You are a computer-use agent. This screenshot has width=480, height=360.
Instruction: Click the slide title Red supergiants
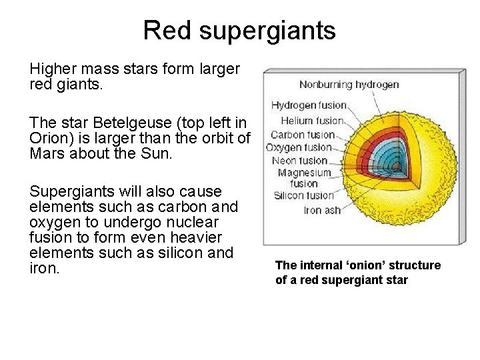[x=239, y=30]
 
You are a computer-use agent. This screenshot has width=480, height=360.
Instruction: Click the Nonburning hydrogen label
[x=349, y=85]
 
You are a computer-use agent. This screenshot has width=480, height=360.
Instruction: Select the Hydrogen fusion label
[x=309, y=105]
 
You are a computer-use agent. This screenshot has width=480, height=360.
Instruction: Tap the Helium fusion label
[x=312, y=121]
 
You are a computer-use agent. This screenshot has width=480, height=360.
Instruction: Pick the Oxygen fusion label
[x=299, y=147]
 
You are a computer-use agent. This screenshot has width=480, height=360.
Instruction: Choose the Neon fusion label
[x=300, y=161]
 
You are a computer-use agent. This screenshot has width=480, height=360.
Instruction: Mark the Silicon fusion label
[x=303, y=195]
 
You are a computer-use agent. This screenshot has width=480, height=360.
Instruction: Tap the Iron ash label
[x=322, y=210]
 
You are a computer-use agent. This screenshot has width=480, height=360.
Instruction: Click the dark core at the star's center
[x=399, y=162]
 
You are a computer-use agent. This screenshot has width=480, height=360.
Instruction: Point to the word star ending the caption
[x=394, y=280]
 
